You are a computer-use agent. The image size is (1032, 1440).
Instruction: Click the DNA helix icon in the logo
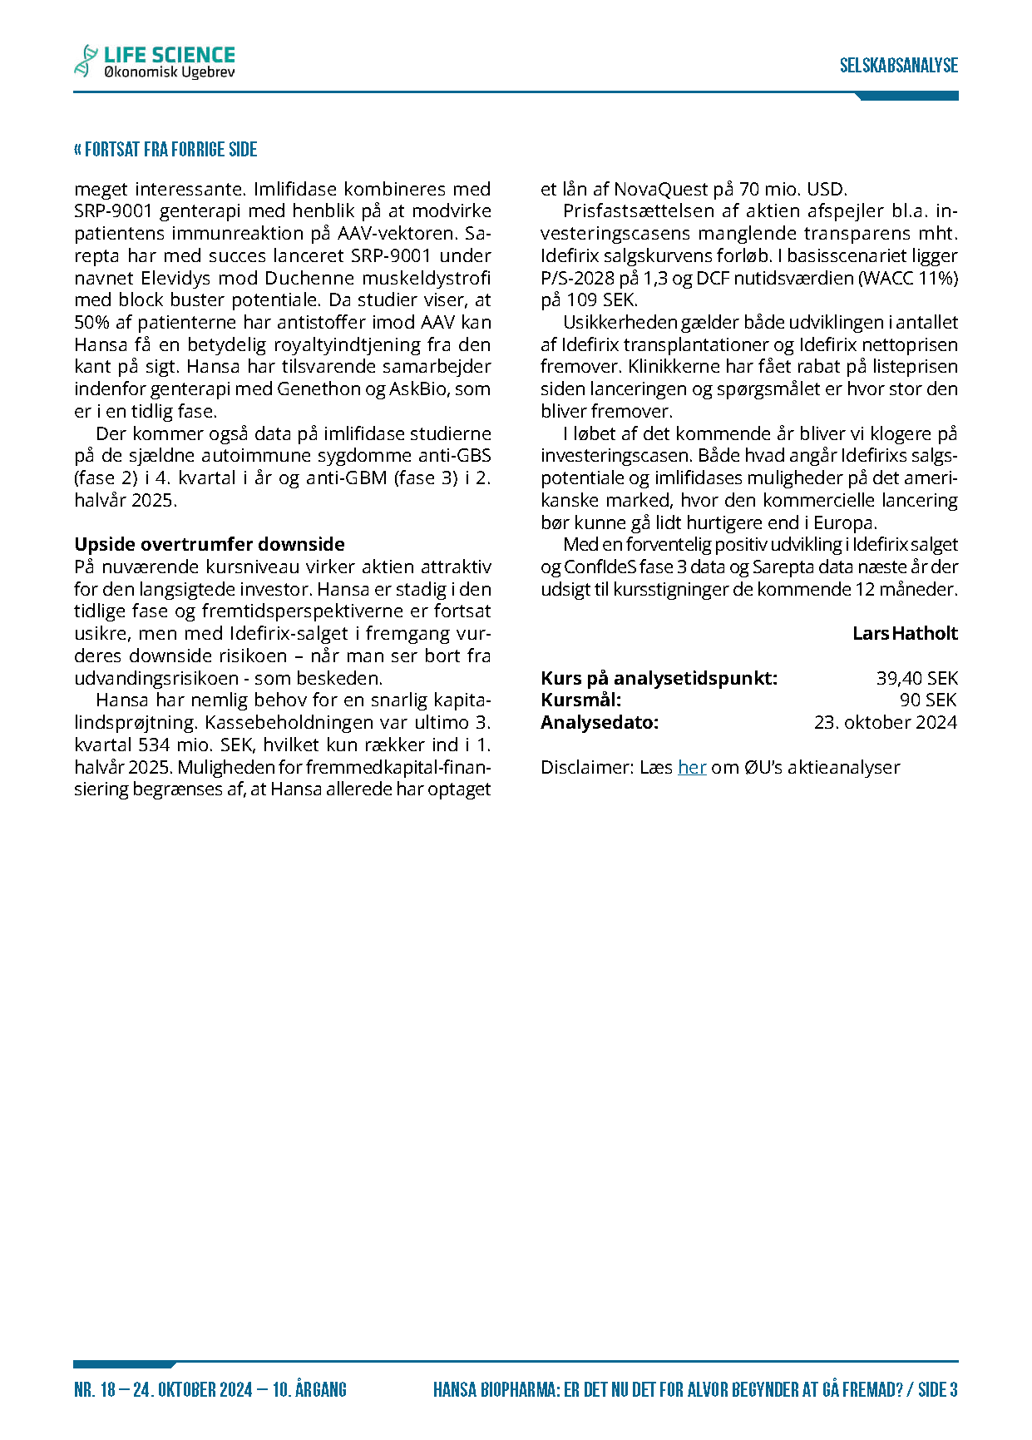[86, 62]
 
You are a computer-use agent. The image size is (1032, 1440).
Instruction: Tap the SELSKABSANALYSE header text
[898, 66]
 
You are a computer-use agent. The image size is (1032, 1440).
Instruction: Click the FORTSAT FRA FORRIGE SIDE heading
[165, 150]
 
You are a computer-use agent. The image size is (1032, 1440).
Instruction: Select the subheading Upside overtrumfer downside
[210, 544]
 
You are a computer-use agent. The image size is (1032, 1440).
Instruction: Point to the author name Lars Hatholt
[905, 633]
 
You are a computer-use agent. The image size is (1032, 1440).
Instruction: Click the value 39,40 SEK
[916, 678]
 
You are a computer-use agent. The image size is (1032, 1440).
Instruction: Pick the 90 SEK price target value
[928, 700]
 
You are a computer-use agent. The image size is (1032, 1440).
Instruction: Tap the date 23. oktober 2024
[886, 722]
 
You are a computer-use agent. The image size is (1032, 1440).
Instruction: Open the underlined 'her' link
[692, 767]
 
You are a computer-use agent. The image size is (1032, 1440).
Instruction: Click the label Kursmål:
[580, 700]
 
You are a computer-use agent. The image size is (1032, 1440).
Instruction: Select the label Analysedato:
[600, 722]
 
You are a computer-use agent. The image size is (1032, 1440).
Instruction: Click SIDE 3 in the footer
[938, 1389]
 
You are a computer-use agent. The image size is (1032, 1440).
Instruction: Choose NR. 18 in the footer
[95, 1389]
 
